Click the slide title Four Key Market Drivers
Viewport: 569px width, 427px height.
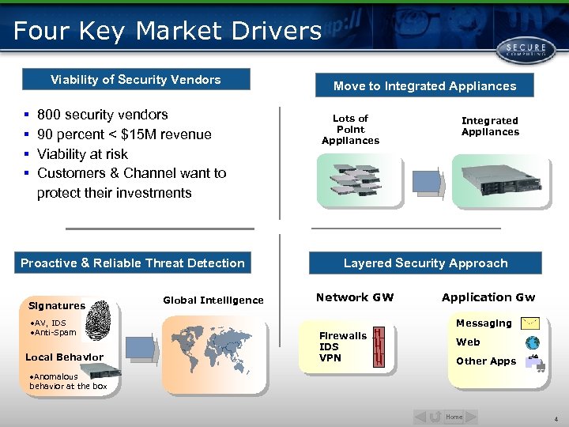coord(167,31)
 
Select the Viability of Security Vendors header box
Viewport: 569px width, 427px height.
coord(136,80)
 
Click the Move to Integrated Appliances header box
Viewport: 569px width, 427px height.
coord(424,86)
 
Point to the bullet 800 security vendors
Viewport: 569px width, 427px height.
coord(103,115)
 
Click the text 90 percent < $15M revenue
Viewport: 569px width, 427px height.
coord(124,134)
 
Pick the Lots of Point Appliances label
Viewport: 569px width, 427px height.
coord(350,130)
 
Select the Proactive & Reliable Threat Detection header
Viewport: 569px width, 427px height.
coord(133,263)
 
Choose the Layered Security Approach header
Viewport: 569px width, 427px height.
coord(425,263)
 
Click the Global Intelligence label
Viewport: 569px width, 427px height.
coord(213,300)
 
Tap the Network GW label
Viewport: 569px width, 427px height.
coord(354,298)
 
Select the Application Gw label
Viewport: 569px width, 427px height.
coord(488,298)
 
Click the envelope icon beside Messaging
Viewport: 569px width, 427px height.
coord(532,323)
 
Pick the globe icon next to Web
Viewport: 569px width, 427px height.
coord(533,343)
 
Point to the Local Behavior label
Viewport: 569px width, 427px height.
coord(64,357)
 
